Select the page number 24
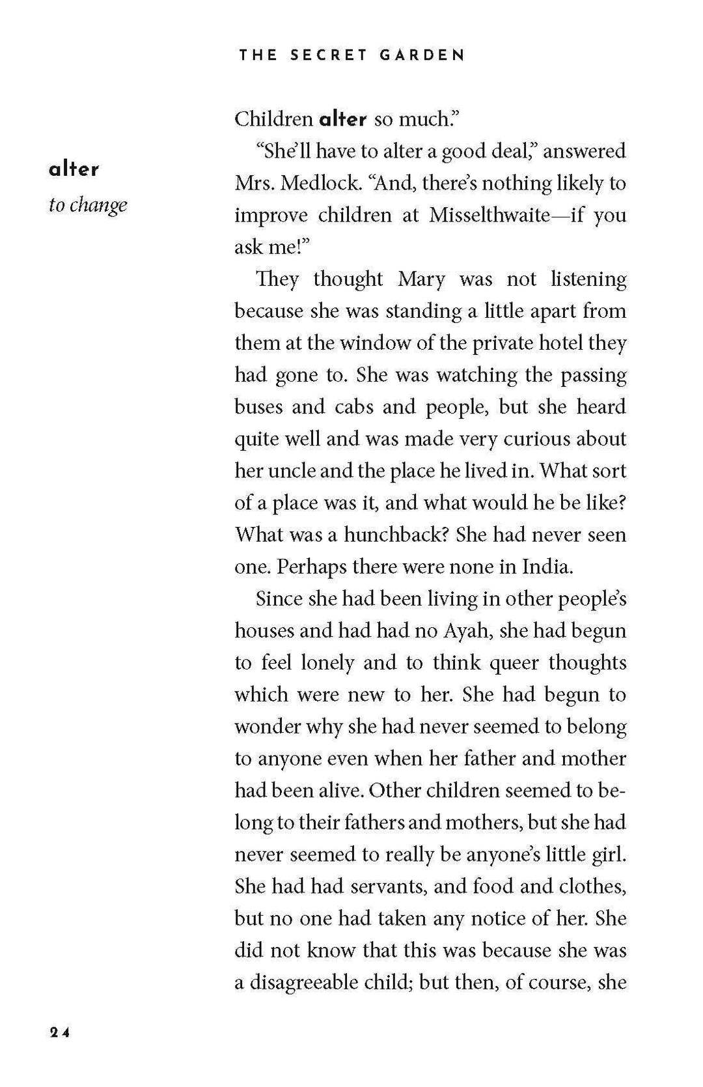point(59,1032)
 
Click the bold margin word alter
point(74,169)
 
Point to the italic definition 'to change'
point(88,205)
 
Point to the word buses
point(258,406)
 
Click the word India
point(547,567)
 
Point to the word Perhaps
point(307,567)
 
